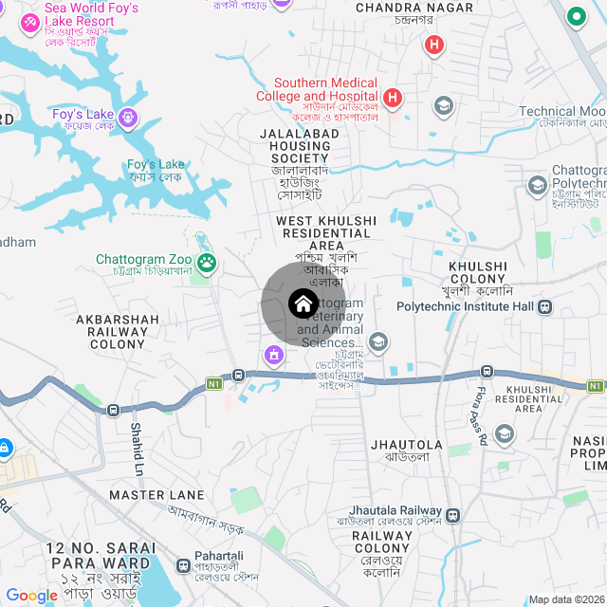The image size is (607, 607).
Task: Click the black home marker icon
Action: (x=303, y=303)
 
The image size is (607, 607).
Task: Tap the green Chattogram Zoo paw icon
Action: (x=207, y=261)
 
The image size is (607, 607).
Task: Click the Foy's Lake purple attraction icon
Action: (x=129, y=120)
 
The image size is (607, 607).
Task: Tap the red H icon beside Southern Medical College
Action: (x=394, y=97)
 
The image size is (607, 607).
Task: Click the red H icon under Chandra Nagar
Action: (x=434, y=45)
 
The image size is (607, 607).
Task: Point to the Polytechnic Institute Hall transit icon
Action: (x=545, y=307)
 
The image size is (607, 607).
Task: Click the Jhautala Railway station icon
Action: (x=453, y=515)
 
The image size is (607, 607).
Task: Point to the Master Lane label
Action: (x=156, y=495)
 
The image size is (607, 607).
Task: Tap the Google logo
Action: (x=32, y=595)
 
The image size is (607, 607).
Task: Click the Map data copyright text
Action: (x=566, y=599)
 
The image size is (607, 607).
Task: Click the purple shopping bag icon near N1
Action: (x=273, y=355)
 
